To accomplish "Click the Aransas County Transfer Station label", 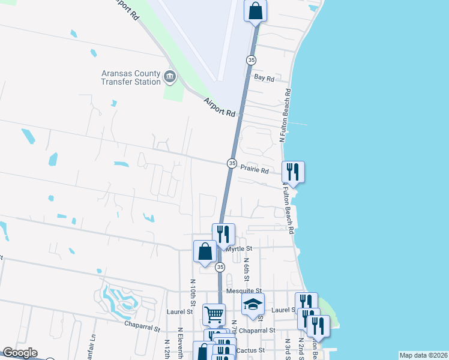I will tap(130, 78).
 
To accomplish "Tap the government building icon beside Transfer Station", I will tap(170, 78).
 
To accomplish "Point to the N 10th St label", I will tap(193, 290).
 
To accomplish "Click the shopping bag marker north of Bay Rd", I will tap(256, 11).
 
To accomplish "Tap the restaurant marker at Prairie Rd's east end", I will tap(293, 172).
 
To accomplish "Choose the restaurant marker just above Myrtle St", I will tap(223, 234).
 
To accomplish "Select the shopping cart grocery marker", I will tap(214, 313).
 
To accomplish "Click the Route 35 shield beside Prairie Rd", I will tap(232, 163).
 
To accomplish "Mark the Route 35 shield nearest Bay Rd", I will tap(251, 60).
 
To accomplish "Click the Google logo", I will tap(20, 353).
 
